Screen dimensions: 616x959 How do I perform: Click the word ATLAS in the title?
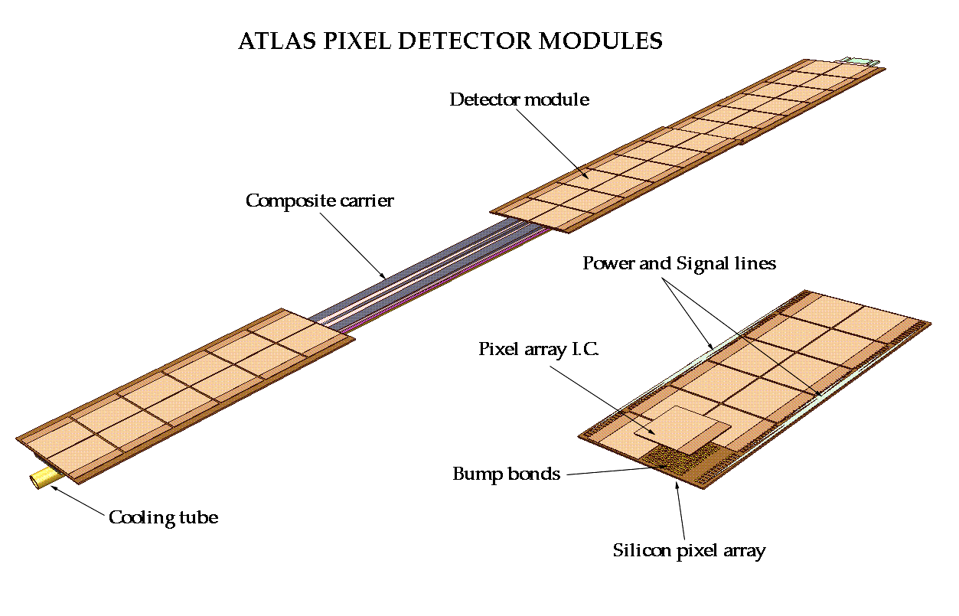(272, 41)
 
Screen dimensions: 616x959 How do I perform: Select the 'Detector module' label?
(519, 99)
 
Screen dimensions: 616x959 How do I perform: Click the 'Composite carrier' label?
(319, 201)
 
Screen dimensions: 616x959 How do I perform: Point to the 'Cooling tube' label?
(163, 518)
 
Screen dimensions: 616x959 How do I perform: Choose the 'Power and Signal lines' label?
(679, 264)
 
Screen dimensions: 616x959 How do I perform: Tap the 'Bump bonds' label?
(506, 474)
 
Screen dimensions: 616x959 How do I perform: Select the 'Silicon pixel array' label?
(689, 550)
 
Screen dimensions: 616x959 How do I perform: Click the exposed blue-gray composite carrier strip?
(413, 272)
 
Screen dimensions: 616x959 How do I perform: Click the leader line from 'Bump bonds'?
(605, 471)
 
